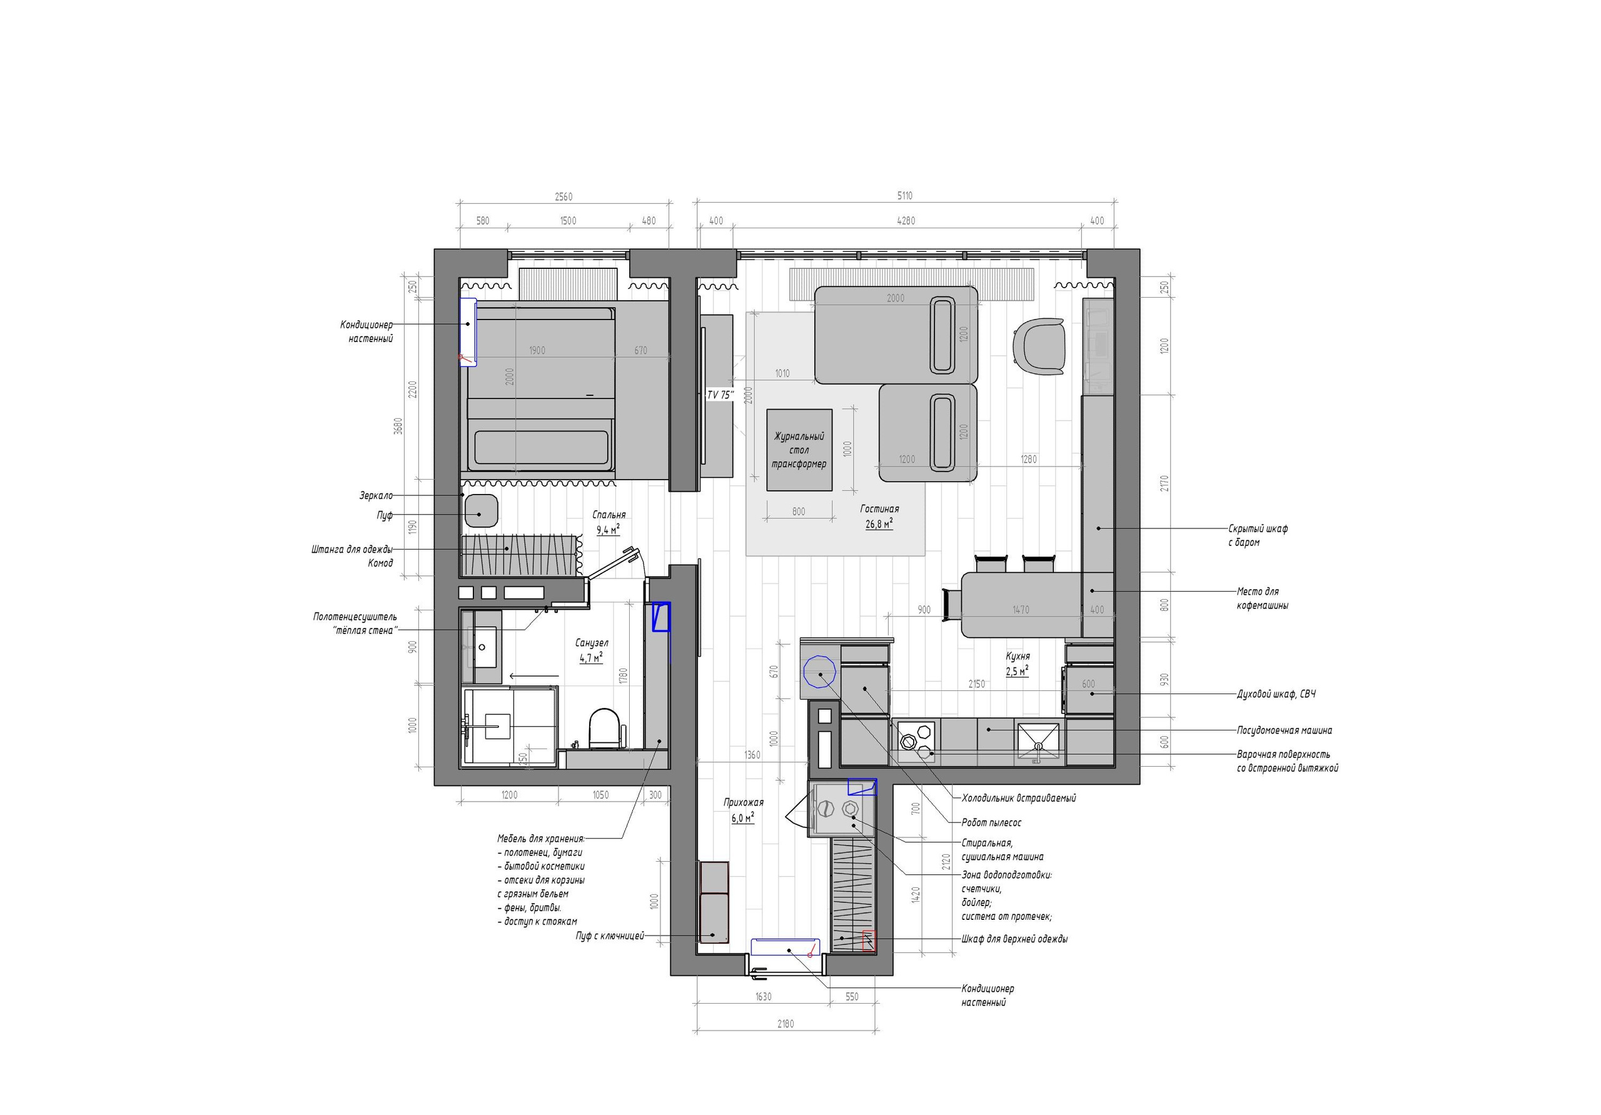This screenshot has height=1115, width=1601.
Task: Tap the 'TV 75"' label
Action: coord(720,395)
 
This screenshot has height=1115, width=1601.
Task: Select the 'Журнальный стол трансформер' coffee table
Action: coord(799,450)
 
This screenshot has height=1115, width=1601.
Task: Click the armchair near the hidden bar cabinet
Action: coord(1039,346)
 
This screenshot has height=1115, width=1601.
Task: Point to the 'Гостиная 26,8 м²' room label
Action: coord(879,517)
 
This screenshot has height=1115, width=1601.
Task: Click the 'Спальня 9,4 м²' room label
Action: coord(609,522)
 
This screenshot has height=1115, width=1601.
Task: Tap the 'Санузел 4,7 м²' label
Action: coord(592,650)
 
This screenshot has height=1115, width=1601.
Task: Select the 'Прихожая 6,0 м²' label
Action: coord(744,810)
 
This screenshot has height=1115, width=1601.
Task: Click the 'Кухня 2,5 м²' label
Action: coord(1018,663)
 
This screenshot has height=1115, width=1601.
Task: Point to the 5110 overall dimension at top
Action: coord(904,196)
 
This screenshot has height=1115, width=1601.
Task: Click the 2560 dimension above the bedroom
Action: coord(563,196)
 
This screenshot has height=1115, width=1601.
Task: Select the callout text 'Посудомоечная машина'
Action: coord(1284,730)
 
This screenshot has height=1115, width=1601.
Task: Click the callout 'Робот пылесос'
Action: coord(991,822)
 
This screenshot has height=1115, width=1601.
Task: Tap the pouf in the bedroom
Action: coord(480,510)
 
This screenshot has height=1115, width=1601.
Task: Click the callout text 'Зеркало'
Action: coord(376,496)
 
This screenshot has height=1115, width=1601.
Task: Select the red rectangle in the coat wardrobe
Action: coord(868,941)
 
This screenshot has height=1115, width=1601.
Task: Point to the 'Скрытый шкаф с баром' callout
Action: coord(1257,535)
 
